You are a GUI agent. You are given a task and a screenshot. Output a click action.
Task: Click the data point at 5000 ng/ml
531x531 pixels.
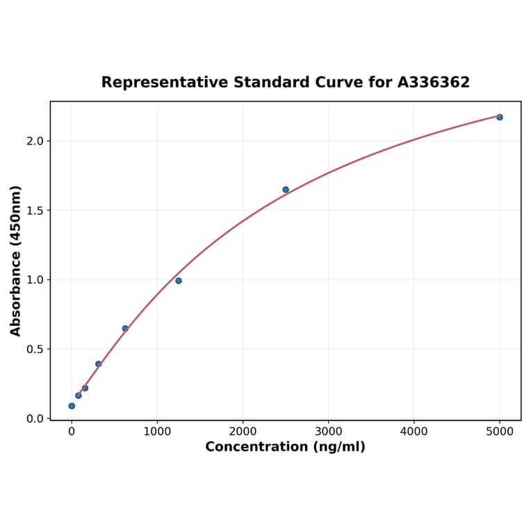pos(499,117)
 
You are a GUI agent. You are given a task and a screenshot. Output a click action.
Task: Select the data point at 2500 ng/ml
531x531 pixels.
pos(286,190)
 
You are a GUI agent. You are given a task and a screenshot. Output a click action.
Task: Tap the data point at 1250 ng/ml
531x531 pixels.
pos(179,281)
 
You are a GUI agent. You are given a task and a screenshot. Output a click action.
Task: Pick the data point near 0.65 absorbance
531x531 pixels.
pos(125,329)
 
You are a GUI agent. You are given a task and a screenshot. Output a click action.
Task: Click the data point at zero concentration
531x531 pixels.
pos(72,406)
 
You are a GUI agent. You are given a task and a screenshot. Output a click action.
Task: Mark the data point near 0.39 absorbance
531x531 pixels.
pos(99,364)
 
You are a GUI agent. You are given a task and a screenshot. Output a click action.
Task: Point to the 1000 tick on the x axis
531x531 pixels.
pos(157,431)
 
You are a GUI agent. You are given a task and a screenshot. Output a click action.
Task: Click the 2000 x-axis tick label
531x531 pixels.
pos(243,431)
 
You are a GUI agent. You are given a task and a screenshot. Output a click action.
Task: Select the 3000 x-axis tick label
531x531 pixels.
pos(328,431)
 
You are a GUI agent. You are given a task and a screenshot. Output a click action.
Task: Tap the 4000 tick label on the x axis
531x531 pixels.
pos(414,431)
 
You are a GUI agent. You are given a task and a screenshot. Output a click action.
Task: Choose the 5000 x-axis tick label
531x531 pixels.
pos(500,431)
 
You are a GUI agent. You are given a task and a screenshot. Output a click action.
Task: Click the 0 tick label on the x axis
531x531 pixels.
pos(72,431)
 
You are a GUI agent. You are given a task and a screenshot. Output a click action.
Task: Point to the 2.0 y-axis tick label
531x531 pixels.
pos(35,141)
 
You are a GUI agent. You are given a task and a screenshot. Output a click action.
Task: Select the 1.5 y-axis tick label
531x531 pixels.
pos(35,211)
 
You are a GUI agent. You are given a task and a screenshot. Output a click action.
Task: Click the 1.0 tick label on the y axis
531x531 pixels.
pos(35,280)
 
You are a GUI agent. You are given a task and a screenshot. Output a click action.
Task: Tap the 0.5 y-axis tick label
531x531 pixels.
pos(35,349)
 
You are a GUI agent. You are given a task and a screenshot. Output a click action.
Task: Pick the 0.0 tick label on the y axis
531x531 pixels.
pos(35,418)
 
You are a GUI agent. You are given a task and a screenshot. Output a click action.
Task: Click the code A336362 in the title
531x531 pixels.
pos(433,83)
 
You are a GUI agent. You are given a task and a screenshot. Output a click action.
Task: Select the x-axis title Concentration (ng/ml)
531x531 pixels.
pos(285,447)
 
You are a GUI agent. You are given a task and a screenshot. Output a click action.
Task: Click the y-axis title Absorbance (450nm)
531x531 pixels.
pos(16,261)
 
